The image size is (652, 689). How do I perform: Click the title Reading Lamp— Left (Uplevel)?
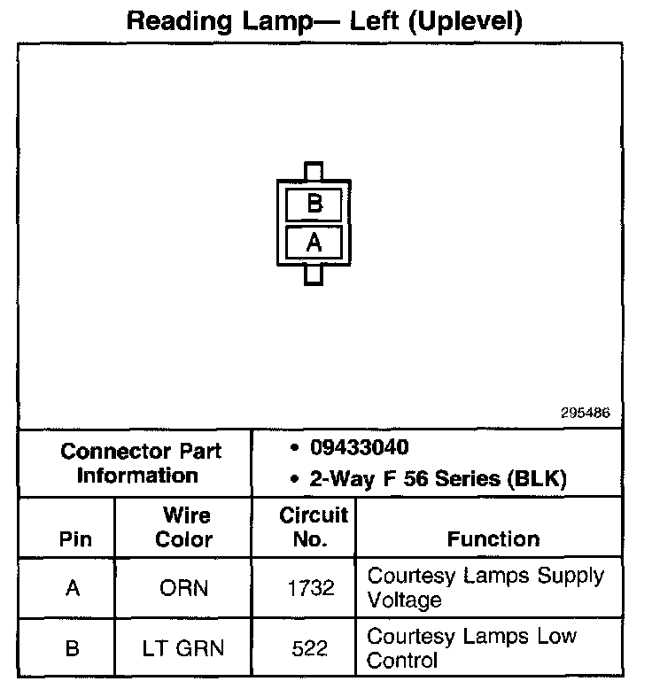pos(324,20)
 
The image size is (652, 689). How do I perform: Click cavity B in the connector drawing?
pos(314,205)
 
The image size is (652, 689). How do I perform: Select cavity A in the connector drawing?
pos(314,242)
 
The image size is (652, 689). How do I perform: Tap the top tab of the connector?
pos(314,171)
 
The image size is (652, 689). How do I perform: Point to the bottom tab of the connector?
pos(314,275)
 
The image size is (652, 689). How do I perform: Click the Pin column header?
pos(74,539)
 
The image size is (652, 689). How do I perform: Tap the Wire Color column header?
pos(184,527)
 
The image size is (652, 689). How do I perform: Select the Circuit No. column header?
pos(314,527)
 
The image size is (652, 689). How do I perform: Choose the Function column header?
pos(493,539)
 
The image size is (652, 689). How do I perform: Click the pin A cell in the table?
pos(73,588)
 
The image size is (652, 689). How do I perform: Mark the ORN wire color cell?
pos(184,588)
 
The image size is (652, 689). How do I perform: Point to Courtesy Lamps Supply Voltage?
pos(485,587)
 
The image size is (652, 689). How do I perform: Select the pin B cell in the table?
pos(73,648)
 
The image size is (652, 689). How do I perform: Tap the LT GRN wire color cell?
pos(184,648)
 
